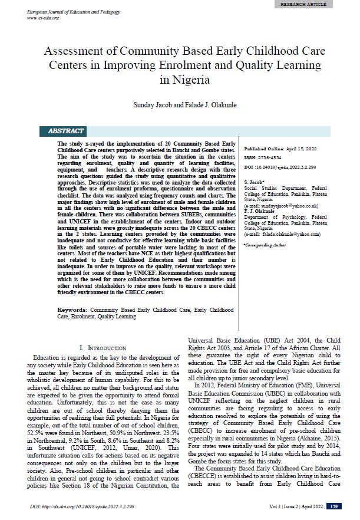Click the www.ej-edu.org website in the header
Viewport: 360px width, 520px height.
[44, 18]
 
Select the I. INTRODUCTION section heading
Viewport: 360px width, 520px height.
[103, 348]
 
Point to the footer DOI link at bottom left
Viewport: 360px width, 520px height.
[80, 506]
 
